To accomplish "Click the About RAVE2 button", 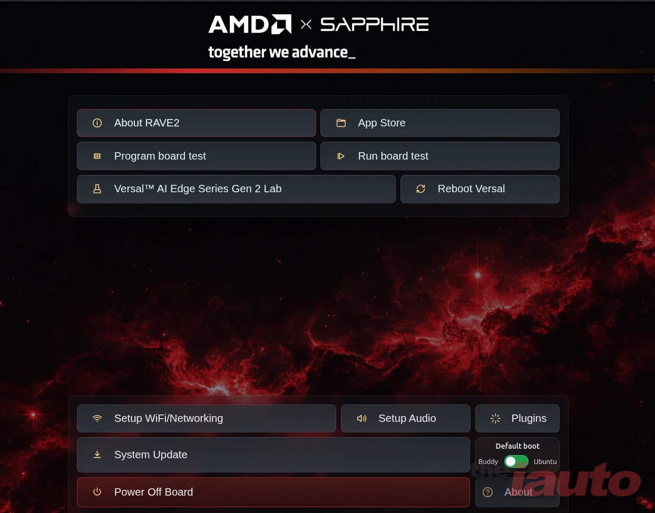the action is (x=196, y=123).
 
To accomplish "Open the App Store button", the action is (x=440, y=123).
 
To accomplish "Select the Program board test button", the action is (x=196, y=156).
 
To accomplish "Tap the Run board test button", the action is (x=440, y=156).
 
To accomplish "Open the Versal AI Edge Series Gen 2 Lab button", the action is (x=236, y=189).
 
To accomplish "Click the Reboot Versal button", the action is (x=480, y=189).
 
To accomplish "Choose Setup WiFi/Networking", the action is (x=207, y=418).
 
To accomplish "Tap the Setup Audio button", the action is (x=405, y=418).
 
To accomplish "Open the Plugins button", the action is (x=517, y=418).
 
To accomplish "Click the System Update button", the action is (x=273, y=455).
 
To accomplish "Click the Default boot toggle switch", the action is (x=516, y=461).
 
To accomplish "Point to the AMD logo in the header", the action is (x=250, y=24).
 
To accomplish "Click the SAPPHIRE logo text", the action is (x=374, y=24).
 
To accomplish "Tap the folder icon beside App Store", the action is (x=341, y=123).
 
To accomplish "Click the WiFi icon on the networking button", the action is (x=97, y=418).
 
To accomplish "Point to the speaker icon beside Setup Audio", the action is (x=361, y=418).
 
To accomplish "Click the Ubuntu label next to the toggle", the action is (x=545, y=462).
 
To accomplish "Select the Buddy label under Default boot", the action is (x=488, y=462).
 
